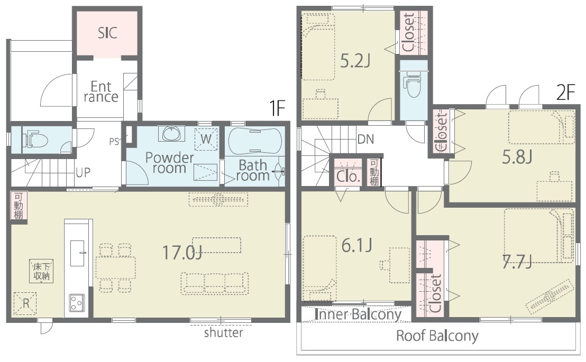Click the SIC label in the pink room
pos(107,33)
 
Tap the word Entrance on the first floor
pos(101,92)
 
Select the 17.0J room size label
pos(182,253)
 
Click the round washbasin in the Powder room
pos(171,133)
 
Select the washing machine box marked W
pos(206,139)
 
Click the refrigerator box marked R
pos(25,303)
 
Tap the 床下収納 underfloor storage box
pos(41,272)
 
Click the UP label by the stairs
pos(83,172)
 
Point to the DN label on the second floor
pos(365,140)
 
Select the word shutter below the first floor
pos(224,332)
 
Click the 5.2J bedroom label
pos(355,61)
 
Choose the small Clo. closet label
pos(349,176)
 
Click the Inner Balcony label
pos(358,314)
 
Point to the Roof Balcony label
pos(437,336)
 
